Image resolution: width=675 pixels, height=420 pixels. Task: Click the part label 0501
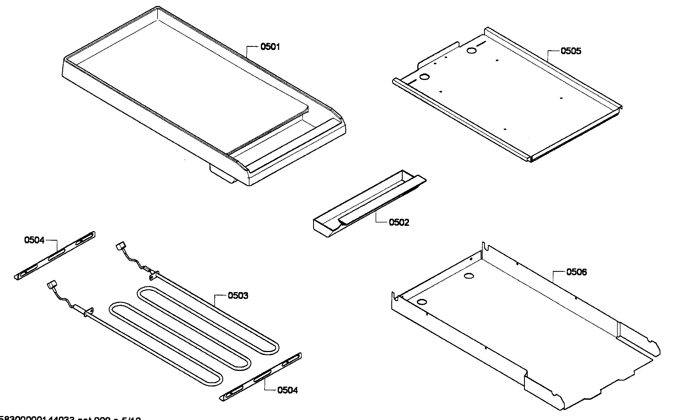click(270, 47)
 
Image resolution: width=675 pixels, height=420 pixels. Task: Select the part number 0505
click(571, 51)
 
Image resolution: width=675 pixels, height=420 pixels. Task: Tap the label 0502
click(399, 222)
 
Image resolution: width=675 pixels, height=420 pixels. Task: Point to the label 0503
click(238, 296)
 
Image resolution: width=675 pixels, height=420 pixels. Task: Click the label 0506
click(576, 272)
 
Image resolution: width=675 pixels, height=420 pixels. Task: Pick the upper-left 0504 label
click(34, 240)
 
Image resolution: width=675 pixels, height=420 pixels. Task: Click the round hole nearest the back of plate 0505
click(472, 51)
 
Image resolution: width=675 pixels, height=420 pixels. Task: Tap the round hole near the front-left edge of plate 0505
click(425, 77)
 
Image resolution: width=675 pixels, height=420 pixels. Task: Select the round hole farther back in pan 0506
click(469, 276)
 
